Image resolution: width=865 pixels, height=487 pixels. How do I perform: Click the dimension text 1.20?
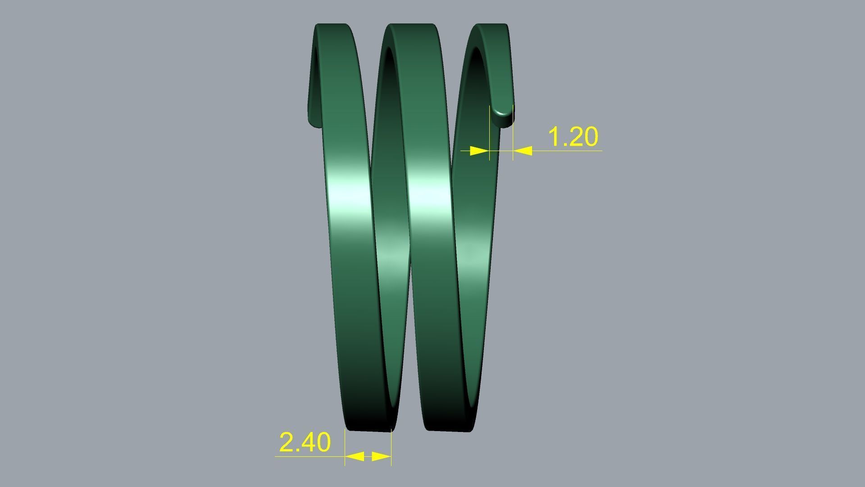click(x=573, y=137)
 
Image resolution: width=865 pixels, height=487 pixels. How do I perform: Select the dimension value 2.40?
click(x=305, y=442)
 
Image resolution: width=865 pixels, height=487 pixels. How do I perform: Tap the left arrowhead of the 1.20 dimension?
click(x=479, y=151)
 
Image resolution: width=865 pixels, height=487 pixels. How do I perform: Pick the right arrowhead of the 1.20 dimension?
click(x=523, y=151)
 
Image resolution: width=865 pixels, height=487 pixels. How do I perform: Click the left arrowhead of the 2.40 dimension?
click(x=355, y=456)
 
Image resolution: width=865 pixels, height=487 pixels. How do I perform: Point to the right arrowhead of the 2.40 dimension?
click(x=381, y=456)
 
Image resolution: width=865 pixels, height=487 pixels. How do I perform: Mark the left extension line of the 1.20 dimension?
click(x=490, y=131)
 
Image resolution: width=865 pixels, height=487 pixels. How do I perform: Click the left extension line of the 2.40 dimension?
click(x=345, y=446)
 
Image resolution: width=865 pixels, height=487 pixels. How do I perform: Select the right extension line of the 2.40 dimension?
click(x=392, y=446)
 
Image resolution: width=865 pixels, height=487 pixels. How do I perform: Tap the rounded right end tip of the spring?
click(x=503, y=116)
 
